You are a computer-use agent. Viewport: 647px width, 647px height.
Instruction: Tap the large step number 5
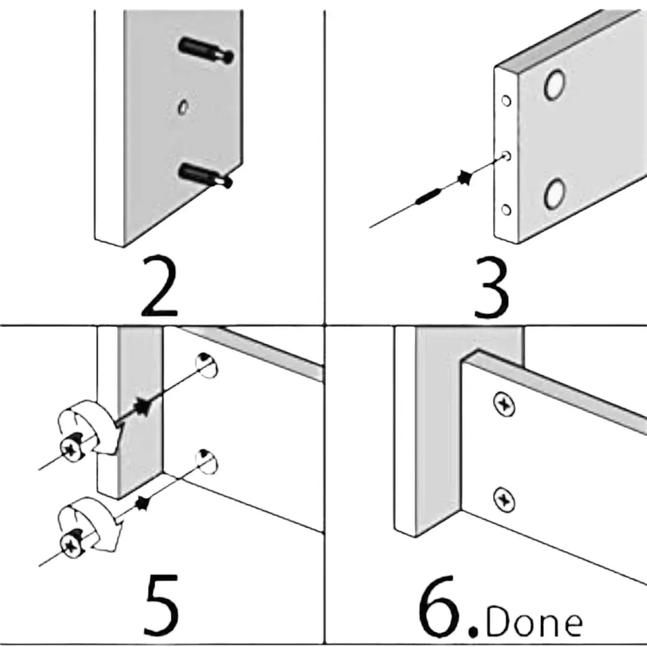pyautogui.click(x=161, y=605)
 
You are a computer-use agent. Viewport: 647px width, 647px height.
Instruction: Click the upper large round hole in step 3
pyautogui.click(x=555, y=84)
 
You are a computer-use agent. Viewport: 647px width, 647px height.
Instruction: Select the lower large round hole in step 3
pyautogui.click(x=555, y=193)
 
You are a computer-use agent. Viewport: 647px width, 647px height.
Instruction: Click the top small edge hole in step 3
pyautogui.click(x=506, y=101)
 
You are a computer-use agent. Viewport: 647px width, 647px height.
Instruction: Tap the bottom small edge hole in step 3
pyautogui.click(x=506, y=210)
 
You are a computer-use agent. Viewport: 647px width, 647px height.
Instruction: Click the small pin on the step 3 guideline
pyautogui.click(x=428, y=195)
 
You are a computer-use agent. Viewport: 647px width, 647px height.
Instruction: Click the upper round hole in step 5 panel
pyautogui.click(x=207, y=365)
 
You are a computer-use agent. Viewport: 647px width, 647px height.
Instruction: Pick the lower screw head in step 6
pyautogui.click(x=504, y=498)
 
